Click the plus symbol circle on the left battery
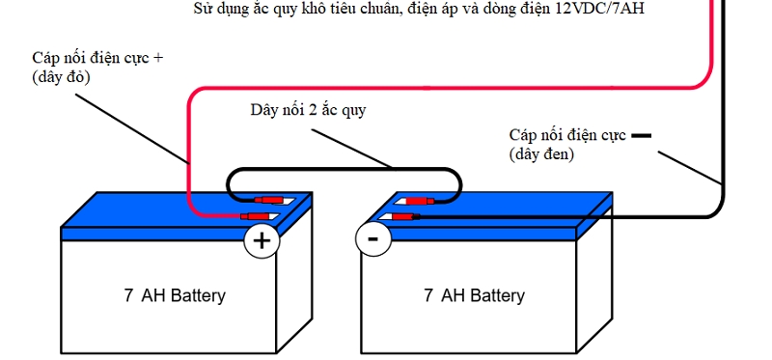click(x=261, y=240)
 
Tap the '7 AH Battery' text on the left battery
click(x=174, y=295)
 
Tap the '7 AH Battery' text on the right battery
click(x=474, y=295)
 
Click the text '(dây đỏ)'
click(x=61, y=77)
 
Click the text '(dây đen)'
click(x=541, y=153)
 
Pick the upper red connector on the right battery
click(x=416, y=202)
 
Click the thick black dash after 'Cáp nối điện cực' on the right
click(x=642, y=135)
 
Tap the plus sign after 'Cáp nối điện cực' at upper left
click(x=158, y=58)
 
